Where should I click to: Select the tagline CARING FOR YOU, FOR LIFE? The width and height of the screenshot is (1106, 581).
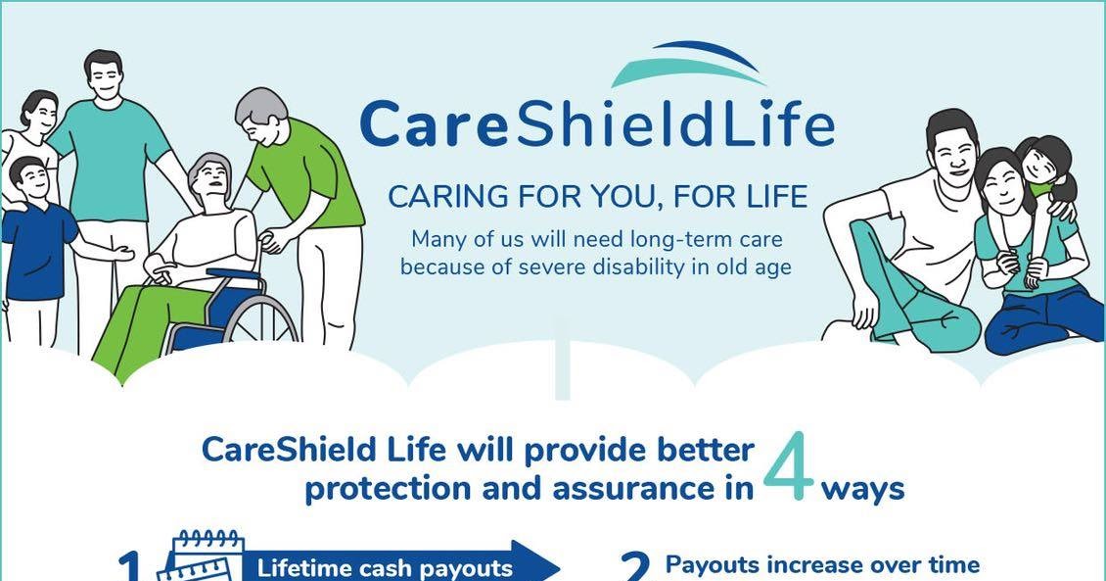[598, 197]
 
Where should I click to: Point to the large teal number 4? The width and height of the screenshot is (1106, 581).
[788, 467]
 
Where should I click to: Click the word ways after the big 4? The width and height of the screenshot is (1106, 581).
[862, 488]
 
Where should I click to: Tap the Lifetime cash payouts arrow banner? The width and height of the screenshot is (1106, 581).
[392, 567]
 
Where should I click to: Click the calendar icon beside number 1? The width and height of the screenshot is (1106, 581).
[207, 557]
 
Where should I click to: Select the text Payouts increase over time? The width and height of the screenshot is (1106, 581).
[822, 564]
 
